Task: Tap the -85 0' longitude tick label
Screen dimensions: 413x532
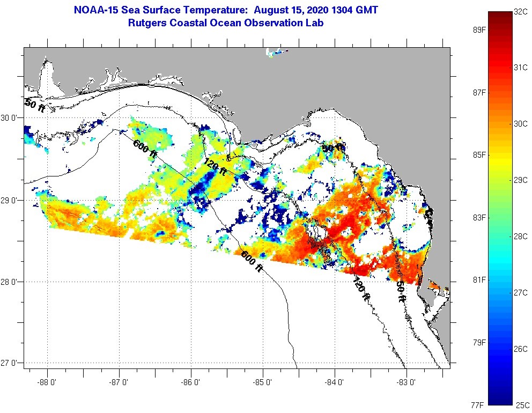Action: (x=263, y=383)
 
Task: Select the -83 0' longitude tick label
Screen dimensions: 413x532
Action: (x=407, y=383)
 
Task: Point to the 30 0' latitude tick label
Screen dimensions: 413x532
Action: (x=11, y=117)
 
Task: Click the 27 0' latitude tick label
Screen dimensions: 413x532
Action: (x=11, y=363)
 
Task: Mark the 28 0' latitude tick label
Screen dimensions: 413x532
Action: (x=11, y=282)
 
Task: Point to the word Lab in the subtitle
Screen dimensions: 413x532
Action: (x=314, y=23)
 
